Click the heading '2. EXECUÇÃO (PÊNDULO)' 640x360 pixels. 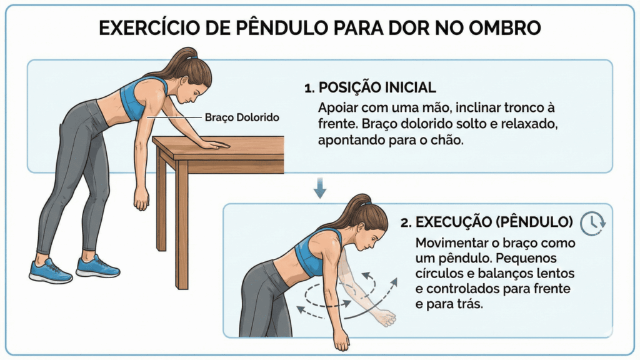tap(486, 222)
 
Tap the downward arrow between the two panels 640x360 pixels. tap(319, 187)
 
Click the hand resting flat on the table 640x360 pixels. tap(212, 144)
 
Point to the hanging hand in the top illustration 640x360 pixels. tap(142, 198)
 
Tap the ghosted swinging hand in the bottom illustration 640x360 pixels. tap(382, 317)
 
